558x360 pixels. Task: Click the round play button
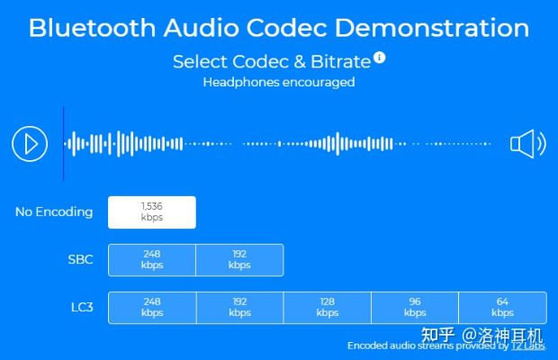coord(30,143)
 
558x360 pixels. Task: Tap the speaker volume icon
coord(527,143)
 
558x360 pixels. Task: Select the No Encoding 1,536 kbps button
coord(151,211)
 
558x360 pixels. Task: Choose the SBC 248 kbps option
coord(151,259)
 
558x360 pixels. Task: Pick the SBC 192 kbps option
coord(239,259)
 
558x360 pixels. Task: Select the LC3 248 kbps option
coord(151,307)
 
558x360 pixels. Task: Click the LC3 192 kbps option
coord(239,307)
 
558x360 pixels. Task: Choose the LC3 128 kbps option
coord(327,307)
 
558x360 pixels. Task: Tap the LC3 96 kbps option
coord(415,307)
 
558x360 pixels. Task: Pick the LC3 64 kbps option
coord(502,307)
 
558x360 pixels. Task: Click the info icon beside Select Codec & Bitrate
coord(380,58)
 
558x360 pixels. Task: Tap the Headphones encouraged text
coord(278,83)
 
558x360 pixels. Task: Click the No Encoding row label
coord(54,212)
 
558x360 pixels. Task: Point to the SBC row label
coord(79,259)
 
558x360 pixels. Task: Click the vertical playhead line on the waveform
coord(63,143)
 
